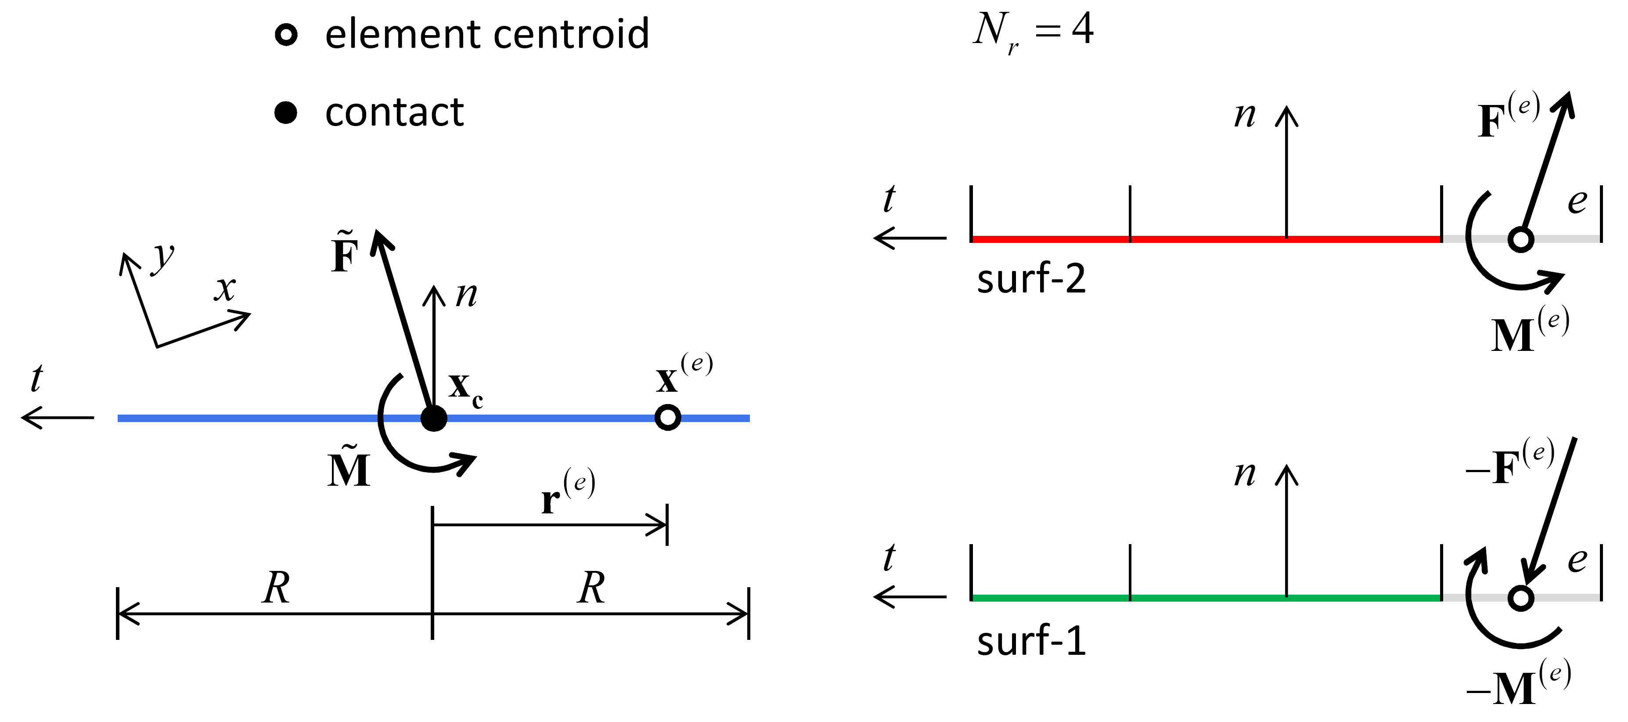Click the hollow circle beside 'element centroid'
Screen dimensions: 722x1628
pos(286,34)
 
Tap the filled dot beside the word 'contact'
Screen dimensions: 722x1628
pos(286,112)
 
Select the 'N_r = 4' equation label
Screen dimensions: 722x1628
pos(1033,30)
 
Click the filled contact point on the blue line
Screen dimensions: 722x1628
pos(433,418)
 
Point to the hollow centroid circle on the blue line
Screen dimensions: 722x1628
pos(667,417)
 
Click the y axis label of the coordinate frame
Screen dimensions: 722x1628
pos(164,256)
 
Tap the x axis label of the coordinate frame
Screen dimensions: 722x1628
pos(224,289)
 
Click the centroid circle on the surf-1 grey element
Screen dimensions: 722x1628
pos(1520,597)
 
